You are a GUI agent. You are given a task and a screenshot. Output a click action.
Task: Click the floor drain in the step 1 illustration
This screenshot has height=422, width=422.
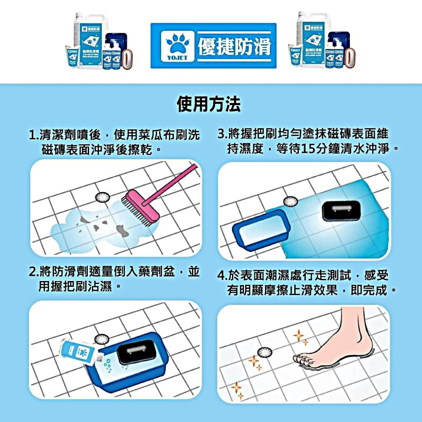[103, 197]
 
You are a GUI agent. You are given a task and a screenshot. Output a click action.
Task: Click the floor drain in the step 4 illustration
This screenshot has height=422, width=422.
[265, 352]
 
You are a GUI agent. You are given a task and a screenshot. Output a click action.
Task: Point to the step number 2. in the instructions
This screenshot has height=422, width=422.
[33, 272]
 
